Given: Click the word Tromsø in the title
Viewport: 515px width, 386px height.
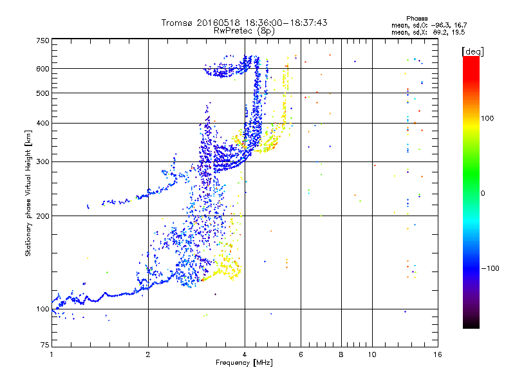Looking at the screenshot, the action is pos(178,23).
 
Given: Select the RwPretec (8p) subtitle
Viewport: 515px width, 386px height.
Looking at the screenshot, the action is pos(244,31).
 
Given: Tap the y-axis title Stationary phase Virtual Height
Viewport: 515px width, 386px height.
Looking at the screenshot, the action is pos(28,193).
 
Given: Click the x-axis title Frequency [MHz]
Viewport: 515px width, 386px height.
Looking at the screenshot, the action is pos(244,363).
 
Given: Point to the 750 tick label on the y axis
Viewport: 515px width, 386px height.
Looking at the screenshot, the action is pos(42,41).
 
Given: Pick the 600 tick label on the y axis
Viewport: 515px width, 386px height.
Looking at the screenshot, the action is pos(42,69).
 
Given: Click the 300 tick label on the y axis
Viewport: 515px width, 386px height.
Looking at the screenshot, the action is pos(42,161).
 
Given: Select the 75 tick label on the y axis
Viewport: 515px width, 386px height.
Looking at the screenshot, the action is pos(45,345).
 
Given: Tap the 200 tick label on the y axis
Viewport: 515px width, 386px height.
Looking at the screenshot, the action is pos(42,216).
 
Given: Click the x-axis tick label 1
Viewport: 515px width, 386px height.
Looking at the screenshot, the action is pos(51,354).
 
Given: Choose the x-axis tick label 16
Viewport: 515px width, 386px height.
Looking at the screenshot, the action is pos(438,354).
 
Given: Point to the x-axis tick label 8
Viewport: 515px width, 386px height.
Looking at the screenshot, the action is pos(341,354).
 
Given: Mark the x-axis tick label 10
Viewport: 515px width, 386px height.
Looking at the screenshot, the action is pos(372,354).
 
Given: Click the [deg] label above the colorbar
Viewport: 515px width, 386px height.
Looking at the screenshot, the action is pos(473,51).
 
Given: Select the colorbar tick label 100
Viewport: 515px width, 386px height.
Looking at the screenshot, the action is pos(487,118).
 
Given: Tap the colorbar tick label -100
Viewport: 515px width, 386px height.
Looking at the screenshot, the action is pos(491,268).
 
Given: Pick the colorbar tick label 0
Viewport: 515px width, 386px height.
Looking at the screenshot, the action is pos(483,193).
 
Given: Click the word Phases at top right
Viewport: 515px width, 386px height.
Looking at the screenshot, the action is pos(417,19).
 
